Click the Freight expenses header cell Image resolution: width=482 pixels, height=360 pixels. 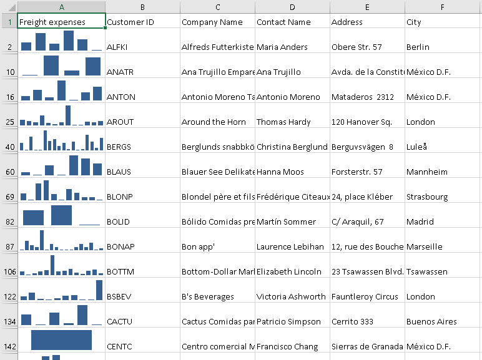pos(52,22)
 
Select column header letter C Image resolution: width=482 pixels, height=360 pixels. pos(217,7)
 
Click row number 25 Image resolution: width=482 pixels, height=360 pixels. pos(9,122)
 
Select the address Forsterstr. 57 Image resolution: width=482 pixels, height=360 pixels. pos(357,172)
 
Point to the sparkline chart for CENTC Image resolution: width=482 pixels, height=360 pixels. pos(61,340)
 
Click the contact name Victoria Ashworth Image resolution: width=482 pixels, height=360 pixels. pos(291,296)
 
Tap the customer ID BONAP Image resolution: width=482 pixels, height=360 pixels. pos(120,246)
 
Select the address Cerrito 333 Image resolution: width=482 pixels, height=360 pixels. pos(353,321)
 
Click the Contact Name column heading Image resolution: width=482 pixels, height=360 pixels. pos(283,22)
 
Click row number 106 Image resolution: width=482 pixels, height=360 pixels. pos(9,271)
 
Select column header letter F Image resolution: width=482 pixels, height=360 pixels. pos(442,7)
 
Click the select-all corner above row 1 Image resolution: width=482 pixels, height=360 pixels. pos(9,6)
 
